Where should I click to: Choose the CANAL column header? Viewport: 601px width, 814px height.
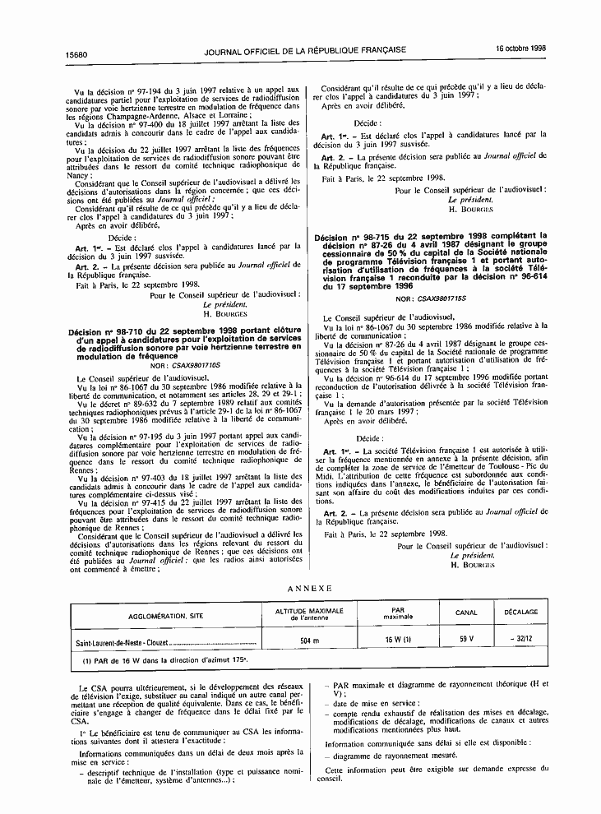point(466,613)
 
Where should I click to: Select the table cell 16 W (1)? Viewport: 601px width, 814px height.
point(399,638)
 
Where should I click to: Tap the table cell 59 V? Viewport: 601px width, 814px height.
point(466,638)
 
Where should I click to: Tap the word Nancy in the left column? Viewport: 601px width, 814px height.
point(77,175)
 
